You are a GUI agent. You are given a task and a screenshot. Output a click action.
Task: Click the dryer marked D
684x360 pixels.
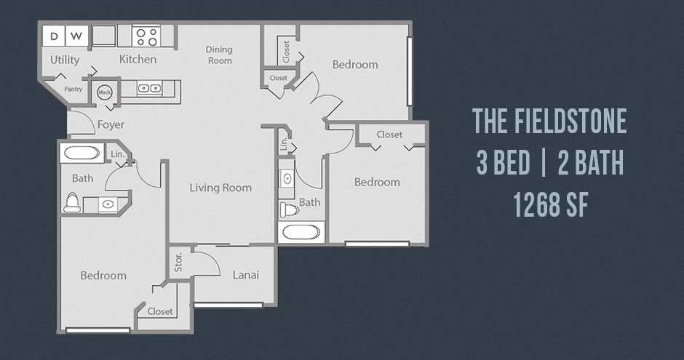click(54, 36)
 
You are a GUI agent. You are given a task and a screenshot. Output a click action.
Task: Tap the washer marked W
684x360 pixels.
click(77, 36)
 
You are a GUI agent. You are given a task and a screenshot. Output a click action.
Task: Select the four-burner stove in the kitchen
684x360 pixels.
click(146, 36)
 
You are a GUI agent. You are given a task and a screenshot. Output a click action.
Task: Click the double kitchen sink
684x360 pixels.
click(149, 89)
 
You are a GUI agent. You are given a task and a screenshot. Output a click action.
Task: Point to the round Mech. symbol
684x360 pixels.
click(105, 92)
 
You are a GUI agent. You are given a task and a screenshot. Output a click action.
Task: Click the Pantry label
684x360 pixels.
click(73, 89)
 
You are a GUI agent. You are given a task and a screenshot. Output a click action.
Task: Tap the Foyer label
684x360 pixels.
click(111, 124)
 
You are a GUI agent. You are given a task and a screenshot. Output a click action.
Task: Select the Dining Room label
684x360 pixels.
click(220, 55)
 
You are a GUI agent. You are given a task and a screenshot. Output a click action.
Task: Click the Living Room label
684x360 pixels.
click(220, 188)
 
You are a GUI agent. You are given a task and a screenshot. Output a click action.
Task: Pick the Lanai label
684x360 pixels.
click(246, 275)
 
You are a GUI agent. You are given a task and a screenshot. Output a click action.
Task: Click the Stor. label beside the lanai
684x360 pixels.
click(178, 262)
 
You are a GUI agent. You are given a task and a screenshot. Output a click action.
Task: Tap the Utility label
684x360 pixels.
click(65, 60)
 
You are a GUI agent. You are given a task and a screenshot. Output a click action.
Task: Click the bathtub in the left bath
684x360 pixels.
click(82, 153)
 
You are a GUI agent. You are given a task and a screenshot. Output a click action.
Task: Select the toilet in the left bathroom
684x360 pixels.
click(72, 203)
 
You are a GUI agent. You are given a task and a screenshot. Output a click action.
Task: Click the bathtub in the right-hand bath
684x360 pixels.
click(301, 232)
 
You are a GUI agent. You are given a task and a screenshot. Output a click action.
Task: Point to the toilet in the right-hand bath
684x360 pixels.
click(290, 209)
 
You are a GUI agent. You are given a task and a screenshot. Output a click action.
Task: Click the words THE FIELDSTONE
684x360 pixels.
click(549, 121)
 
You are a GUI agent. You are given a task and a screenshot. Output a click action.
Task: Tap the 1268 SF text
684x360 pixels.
click(551, 204)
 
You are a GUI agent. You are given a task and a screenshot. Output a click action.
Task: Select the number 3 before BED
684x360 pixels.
click(482, 163)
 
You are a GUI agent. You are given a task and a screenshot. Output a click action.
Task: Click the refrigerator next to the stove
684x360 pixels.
click(104, 36)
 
